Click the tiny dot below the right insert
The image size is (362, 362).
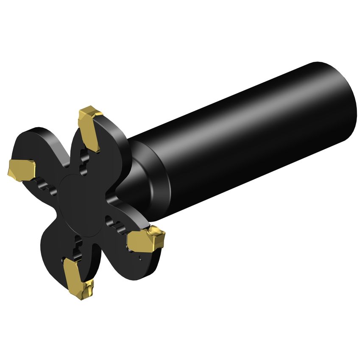coord(140,257)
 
